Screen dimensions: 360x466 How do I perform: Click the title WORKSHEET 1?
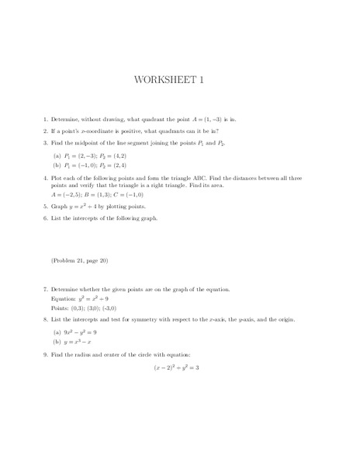(180, 81)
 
